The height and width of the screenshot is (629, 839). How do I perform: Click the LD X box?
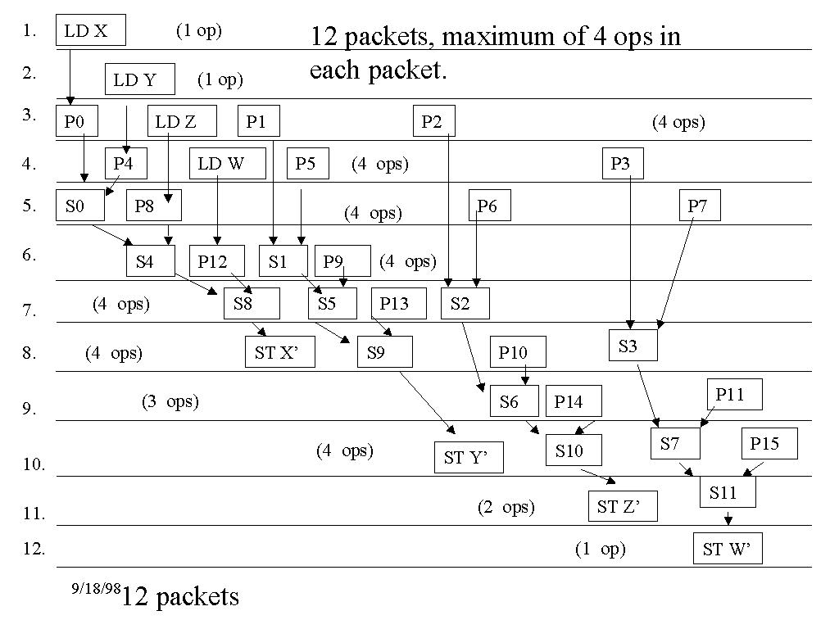click(x=91, y=31)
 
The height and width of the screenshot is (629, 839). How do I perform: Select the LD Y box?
click(x=140, y=80)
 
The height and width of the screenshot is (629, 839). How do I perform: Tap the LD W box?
click(x=227, y=164)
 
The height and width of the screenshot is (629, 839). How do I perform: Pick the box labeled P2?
click(x=433, y=122)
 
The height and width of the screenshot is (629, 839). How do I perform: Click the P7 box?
click(x=699, y=206)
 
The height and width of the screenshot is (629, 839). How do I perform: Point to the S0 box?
click(x=80, y=206)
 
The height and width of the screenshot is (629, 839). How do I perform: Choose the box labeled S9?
click(x=383, y=352)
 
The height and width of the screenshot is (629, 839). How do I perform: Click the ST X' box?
click(x=279, y=353)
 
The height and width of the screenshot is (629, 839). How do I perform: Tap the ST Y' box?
click(x=468, y=458)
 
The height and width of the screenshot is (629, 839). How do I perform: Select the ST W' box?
click(x=727, y=549)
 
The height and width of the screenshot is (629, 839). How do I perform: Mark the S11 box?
click(x=727, y=492)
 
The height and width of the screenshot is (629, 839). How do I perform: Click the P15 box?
click(x=769, y=444)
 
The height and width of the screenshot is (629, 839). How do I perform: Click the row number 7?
click(x=29, y=310)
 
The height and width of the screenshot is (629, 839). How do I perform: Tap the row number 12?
click(x=33, y=548)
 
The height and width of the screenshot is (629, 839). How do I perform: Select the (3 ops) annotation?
click(x=170, y=401)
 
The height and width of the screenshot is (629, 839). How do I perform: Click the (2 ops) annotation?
click(x=506, y=508)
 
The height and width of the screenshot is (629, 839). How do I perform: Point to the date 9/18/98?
click(x=95, y=588)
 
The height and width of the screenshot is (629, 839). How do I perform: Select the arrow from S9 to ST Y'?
click(x=426, y=400)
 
